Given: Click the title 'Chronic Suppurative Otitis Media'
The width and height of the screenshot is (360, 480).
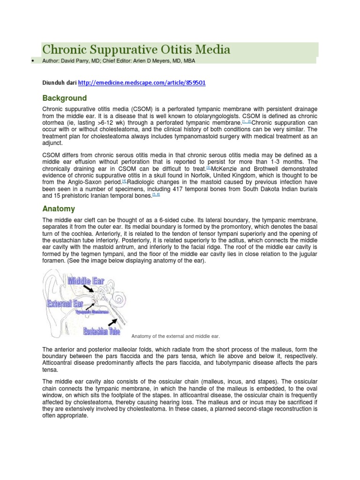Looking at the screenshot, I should (x=136, y=50).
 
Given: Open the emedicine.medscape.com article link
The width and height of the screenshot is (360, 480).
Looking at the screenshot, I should (x=142, y=82).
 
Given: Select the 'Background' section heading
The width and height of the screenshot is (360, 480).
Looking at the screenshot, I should (x=65, y=98).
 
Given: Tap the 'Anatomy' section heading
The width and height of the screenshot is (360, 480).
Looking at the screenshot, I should (x=59, y=209).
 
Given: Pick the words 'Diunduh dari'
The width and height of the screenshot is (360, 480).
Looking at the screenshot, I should (x=60, y=82).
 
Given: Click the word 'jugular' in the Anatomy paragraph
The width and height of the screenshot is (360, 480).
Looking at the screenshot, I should (x=307, y=254).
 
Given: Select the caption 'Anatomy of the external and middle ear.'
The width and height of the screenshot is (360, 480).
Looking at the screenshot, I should (x=175, y=336).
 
